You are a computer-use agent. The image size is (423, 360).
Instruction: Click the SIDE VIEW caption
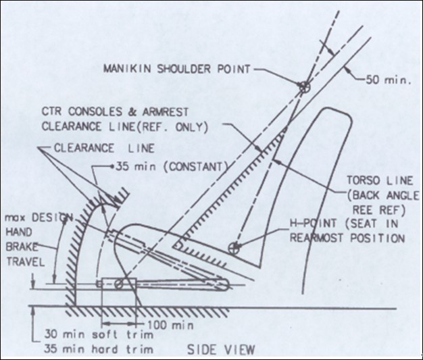tap(221, 350)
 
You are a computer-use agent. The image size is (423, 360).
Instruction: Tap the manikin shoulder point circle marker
tap(304, 87)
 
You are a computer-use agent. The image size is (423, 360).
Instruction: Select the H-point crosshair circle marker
tap(234, 248)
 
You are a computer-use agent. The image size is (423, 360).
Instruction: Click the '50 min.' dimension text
tap(388, 80)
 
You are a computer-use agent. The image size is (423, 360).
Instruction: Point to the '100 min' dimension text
tap(170, 325)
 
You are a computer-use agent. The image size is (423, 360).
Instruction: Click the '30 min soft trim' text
tap(99, 334)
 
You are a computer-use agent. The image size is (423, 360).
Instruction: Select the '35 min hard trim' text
tap(99, 349)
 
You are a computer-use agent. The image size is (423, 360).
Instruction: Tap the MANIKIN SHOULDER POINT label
tap(177, 69)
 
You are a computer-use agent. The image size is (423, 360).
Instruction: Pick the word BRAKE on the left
tap(22, 247)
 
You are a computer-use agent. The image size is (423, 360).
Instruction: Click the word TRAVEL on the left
tap(26, 262)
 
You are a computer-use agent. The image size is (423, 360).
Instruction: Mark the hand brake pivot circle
tap(119, 284)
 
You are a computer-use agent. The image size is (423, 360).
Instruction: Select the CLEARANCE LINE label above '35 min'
tap(104, 149)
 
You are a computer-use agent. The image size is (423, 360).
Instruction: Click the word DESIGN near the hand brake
tap(52, 217)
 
